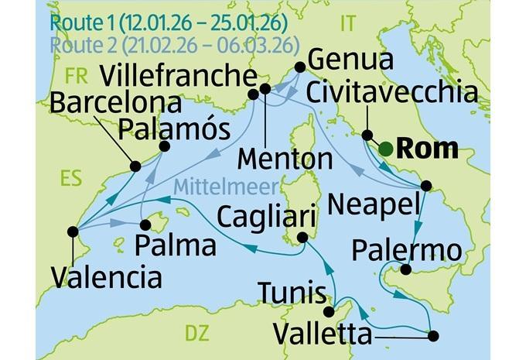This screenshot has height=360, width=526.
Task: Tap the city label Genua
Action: point(349,59)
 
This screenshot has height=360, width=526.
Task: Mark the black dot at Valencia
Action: point(73,231)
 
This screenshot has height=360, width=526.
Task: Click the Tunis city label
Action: point(292,293)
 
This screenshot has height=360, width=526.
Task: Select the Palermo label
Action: point(406,249)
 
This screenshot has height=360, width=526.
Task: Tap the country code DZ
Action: point(196,333)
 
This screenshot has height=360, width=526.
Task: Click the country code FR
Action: point(77,76)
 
